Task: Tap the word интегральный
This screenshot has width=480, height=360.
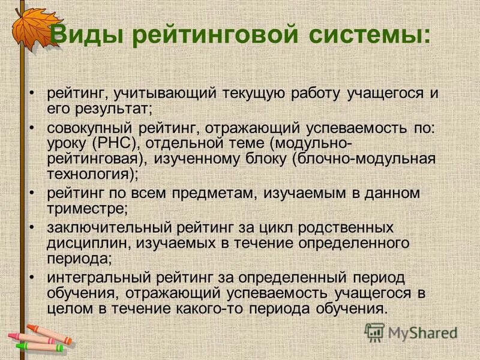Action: point(100,278)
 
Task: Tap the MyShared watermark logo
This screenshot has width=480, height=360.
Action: point(411,332)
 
